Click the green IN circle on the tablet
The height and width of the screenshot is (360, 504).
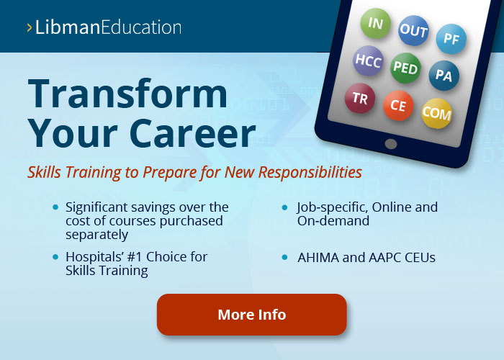[x=375, y=23]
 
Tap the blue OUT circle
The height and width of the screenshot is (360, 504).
[x=413, y=30]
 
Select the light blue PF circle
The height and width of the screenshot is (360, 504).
[x=451, y=39]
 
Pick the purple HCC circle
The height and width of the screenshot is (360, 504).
[x=369, y=60]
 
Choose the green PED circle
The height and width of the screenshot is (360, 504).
[x=405, y=68]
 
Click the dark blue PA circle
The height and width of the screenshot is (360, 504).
[x=444, y=76]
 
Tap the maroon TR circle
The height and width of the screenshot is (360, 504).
[x=360, y=99]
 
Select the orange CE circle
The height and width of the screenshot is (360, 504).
[x=398, y=105]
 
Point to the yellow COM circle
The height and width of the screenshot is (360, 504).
[x=436, y=114]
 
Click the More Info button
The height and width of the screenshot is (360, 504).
[x=252, y=315]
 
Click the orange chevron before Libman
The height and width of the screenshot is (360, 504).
[x=30, y=27]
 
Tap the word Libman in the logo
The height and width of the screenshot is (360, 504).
[x=67, y=27]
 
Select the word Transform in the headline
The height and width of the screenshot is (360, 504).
[x=127, y=94]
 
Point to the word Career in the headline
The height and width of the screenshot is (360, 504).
[x=192, y=133]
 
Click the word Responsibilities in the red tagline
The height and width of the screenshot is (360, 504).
[x=310, y=172]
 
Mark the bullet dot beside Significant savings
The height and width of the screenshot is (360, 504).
[x=55, y=207]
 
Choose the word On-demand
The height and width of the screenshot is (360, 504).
[x=333, y=221]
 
